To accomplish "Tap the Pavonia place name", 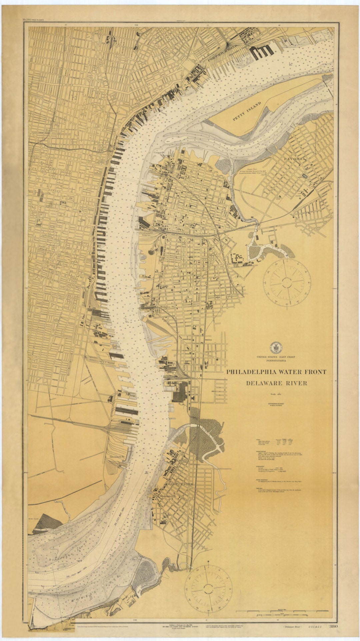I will [295, 159].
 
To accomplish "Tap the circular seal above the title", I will [276, 348].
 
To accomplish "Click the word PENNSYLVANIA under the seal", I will [276, 361].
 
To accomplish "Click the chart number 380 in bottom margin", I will [333, 626].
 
